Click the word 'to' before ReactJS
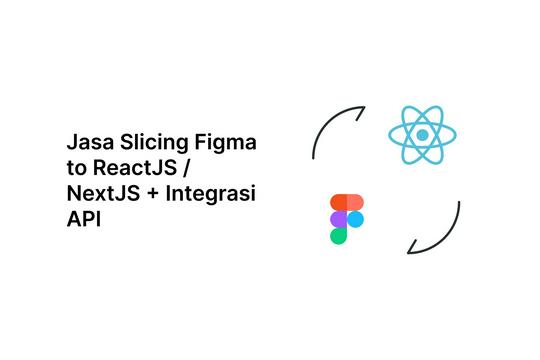(76, 169)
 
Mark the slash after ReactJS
(186, 169)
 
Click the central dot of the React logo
(423, 134)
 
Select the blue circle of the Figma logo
(355, 218)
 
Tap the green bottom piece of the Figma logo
(339, 236)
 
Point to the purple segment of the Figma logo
(339, 218)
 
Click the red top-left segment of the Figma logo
(339, 201)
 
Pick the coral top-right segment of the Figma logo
(354, 201)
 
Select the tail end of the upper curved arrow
(314, 158)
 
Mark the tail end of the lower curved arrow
(459, 202)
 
